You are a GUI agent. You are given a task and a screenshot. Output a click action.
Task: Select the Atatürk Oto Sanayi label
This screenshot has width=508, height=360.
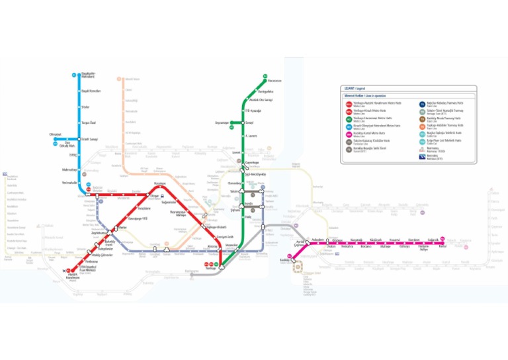[260, 100]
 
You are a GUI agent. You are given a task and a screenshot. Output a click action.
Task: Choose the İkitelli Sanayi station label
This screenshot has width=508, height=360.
[89, 139]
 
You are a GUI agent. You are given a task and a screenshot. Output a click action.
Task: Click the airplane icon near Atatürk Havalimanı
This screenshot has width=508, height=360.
[64, 270]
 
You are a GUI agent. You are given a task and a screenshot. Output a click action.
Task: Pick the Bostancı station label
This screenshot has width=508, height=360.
[366, 247]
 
